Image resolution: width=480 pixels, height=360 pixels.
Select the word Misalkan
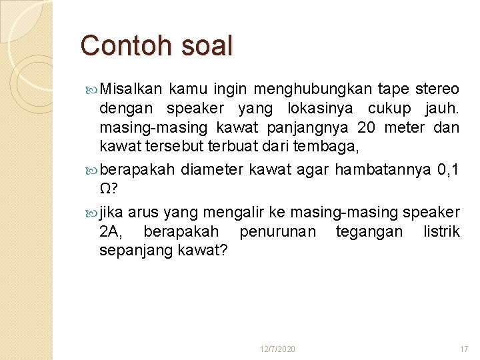131,89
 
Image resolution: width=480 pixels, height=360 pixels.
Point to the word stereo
437,89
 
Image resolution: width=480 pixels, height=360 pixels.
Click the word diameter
212,169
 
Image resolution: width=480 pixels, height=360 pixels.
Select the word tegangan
369,231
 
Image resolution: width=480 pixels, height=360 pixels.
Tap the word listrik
441,231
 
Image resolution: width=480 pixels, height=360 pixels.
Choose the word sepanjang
136,250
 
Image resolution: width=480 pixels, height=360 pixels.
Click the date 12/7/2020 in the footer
278,349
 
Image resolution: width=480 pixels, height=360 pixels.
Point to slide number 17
464,349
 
